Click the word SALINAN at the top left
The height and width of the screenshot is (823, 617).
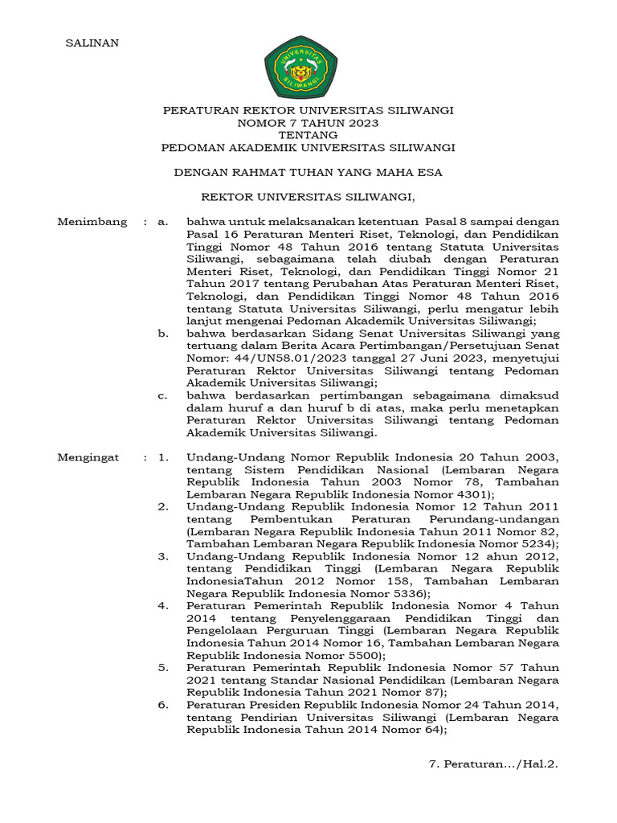pyautogui.click(x=92, y=43)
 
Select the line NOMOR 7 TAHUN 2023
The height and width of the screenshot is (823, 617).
pyautogui.click(x=308, y=123)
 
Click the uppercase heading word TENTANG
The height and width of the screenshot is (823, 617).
pyautogui.click(x=308, y=135)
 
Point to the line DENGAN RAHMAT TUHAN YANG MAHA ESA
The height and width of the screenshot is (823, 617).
pyautogui.click(x=308, y=172)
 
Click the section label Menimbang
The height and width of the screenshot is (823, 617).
pyautogui.click(x=92, y=222)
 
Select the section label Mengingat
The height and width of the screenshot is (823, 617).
pyautogui.click(x=88, y=458)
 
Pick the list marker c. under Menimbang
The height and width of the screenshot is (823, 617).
pyautogui.click(x=163, y=395)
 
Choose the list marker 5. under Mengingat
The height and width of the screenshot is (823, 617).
pyautogui.click(x=163, y=667)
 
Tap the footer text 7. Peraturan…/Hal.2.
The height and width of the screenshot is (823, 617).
pyautogui.click(x=493, y=764)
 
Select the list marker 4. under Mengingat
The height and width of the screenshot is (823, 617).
pyautogui.click(x=163, y=606)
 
